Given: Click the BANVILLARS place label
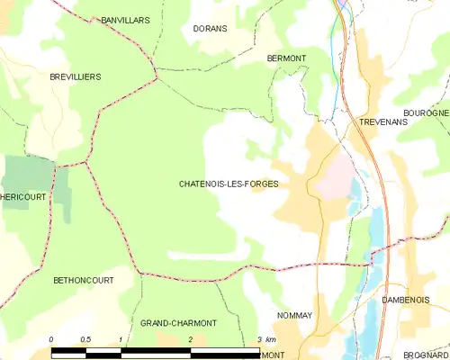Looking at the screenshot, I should tap(123, 19).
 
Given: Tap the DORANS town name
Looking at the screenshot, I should tap(210, 29).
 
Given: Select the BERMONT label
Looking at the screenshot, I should tap(287, 58).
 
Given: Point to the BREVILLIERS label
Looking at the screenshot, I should tap(76, 77).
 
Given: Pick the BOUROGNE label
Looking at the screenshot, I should tap(427, 112).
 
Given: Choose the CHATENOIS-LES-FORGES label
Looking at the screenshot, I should tap(229, 184).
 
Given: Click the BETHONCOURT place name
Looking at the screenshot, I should tap(81, 281).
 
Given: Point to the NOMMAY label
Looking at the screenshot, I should tap(292, 315).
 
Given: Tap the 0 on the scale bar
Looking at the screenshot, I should tap(51, 338).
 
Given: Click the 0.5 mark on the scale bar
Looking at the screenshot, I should tap(85, 338).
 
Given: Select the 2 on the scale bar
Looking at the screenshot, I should tap(190, 338).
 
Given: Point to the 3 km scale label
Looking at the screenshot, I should tap(266, 338).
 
